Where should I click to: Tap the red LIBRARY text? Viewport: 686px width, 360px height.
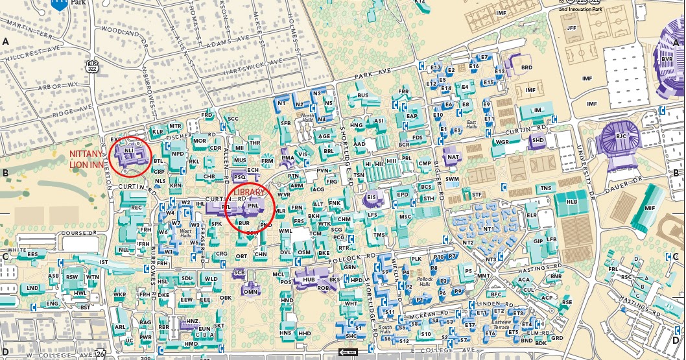[250, 193]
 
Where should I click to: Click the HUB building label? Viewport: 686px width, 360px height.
[308, 280]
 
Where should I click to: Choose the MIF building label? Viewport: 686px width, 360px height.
[650, 208]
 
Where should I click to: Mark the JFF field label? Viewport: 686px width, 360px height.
[571, 28]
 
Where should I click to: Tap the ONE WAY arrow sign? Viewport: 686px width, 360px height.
[348, 352]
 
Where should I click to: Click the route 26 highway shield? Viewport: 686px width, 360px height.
[100, 354]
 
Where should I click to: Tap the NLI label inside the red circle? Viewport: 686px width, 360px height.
[129, 150]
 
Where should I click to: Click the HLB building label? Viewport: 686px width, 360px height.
[571, 202]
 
